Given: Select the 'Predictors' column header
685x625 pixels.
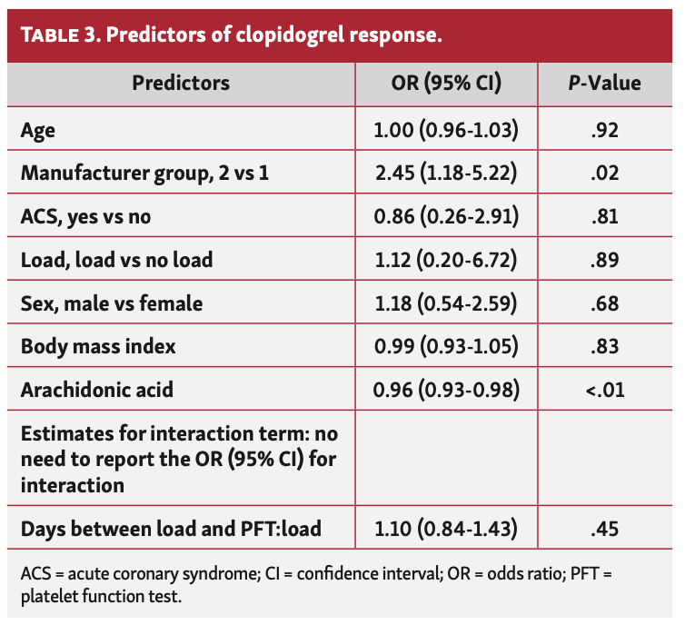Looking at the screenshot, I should (x=181, y=83).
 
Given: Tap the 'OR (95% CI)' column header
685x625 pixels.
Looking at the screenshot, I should (x=445, y=83).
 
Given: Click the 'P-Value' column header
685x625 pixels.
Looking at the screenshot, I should (x=603, y=83).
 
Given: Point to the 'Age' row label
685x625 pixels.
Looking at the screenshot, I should (x=38, y=129).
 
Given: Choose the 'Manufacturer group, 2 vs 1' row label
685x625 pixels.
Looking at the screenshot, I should (x=144, y=173).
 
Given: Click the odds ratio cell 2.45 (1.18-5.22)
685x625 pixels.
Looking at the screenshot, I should (x=445, y=173).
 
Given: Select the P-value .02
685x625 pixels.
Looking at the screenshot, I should (x=603, y=173).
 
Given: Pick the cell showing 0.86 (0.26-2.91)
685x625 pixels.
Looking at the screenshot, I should (x=445, y=216).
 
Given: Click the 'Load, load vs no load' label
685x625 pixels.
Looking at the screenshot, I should (x=116, y=260).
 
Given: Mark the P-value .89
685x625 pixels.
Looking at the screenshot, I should (x=603, y=260).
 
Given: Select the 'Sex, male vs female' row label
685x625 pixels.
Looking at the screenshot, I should (x=112, y=303).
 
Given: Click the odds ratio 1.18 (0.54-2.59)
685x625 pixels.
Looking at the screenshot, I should (x=445, y=303).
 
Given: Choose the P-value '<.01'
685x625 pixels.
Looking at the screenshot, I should (x=603, y=391).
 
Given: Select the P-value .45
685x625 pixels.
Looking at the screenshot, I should (x=603, y=527).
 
